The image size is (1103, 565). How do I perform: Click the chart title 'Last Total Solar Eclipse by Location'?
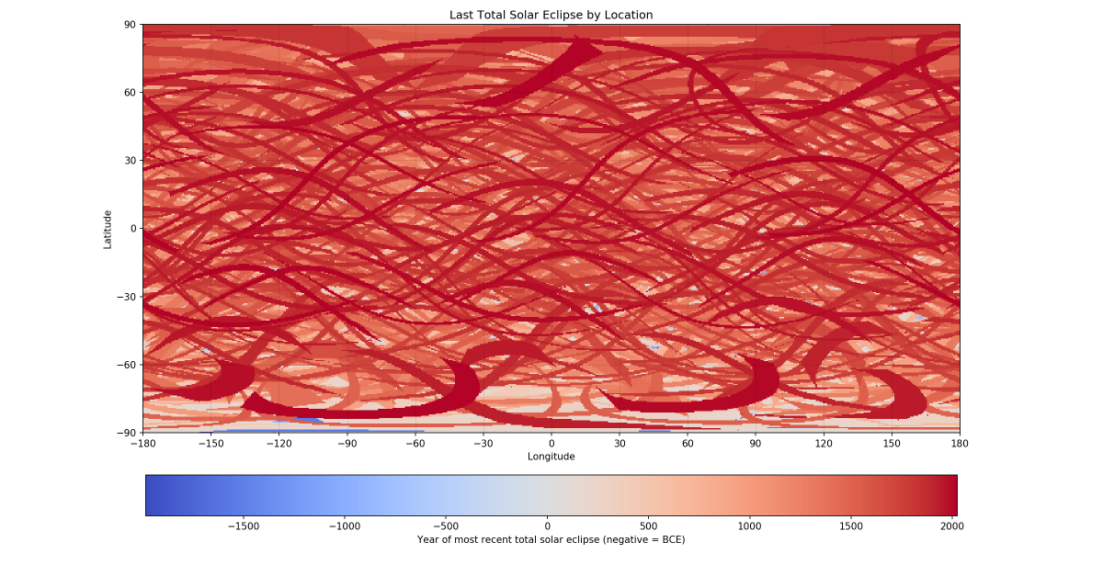pos(551,15)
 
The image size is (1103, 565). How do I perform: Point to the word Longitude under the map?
pos(551,457)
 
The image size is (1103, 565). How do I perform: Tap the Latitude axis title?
pos(108,230)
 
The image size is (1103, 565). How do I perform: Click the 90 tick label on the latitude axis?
pos(130,25)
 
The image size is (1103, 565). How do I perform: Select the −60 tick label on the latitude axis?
pos(126,365)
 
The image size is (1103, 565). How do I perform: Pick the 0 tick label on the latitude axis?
pos(133,229)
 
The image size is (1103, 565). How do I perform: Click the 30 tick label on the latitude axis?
pos(130,161)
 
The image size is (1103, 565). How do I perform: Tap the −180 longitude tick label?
pos(142,444)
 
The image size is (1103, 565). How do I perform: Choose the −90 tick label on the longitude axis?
pos(347,444)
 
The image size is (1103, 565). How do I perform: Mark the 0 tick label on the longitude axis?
pos(551,444)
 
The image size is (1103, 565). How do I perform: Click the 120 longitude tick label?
pos(824,444)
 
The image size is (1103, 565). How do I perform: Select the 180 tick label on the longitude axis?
pos(960,444)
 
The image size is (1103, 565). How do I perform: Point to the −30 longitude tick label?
pos(483,444)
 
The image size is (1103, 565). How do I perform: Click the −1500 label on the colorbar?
pos(244,526)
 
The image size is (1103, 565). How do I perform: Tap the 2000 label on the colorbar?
pos(952,526)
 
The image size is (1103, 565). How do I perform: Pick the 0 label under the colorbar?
pos(547,526)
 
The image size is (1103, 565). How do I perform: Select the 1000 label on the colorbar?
pos(749,526)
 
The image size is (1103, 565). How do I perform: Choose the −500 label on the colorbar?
pos(446,526)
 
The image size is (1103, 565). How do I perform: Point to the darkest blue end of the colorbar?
pos(148,495)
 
